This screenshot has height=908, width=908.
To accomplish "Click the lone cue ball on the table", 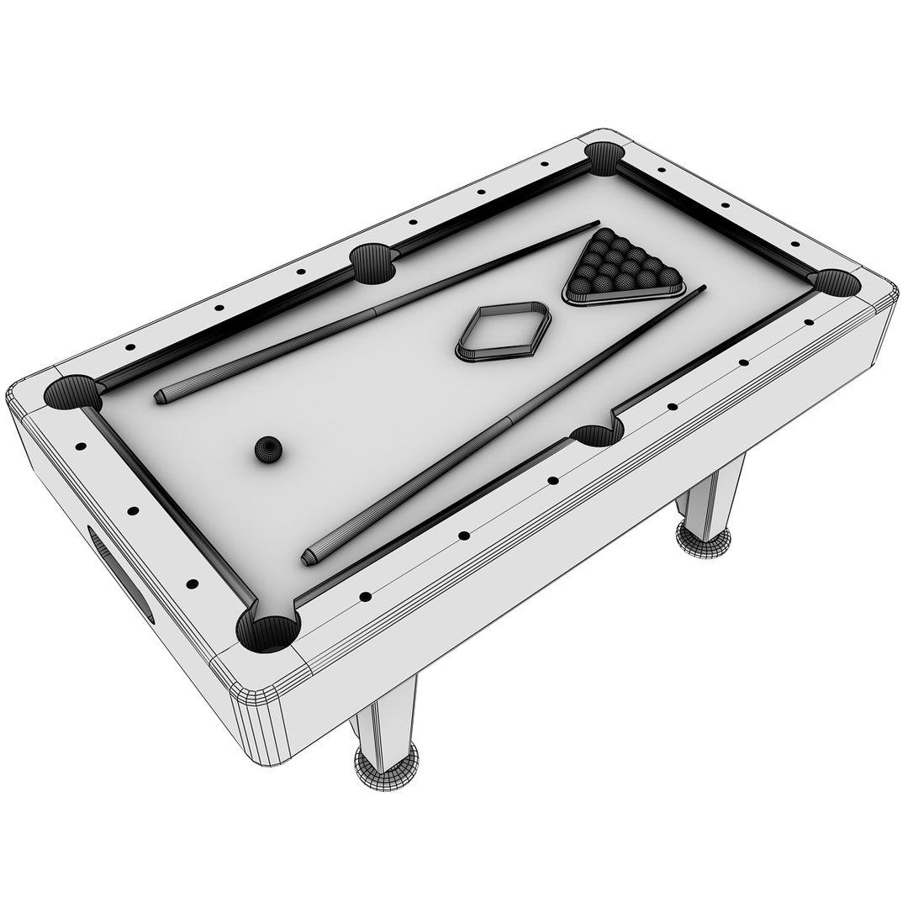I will [268, 451].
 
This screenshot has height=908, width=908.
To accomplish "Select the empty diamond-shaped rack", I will [503, 331].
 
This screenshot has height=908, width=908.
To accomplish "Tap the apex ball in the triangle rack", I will [604, 235].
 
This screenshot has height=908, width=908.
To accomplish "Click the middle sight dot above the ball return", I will [133, 510].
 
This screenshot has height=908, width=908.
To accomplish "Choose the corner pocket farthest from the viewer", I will [603, 158].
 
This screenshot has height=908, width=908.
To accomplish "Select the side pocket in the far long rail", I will [372, 262].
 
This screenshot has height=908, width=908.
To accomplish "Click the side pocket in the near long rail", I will [597, 433].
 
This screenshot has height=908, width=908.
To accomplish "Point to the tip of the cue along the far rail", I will [596, 224].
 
